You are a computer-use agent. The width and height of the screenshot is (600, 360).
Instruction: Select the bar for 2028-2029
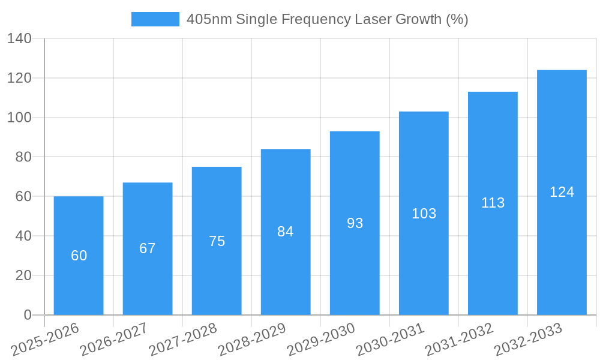tap(286, 270)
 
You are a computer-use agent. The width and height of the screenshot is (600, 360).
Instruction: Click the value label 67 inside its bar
tap(148, 248)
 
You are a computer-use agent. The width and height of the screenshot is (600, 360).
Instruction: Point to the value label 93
tap(355, 223)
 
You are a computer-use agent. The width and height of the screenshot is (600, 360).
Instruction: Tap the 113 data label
tap(493, 203)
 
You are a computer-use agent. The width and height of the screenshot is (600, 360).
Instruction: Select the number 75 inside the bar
tap(217, 241)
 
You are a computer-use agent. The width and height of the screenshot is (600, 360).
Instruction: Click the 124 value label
tap(562, 192)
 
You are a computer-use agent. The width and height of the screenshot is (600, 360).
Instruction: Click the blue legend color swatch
tap(155, 19)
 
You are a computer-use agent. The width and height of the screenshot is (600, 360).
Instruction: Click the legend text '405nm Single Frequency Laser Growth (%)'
tap(327, 19)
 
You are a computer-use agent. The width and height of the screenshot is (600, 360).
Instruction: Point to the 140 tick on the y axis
tap(19, 39)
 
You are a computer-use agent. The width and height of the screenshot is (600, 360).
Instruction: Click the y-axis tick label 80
tap(23, 157)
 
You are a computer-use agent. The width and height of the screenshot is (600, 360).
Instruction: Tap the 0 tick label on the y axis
tap(28, 315)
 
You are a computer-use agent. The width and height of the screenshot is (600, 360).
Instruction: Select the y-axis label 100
tap(19, 118)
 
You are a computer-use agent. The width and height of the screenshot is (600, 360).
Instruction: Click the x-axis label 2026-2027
tap(114, 340)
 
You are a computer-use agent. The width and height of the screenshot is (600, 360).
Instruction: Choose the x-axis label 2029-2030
tap(321, 340)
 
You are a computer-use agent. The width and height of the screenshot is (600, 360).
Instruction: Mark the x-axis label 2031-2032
tap(459, 340)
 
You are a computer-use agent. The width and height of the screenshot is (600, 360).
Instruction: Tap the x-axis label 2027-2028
tap(183, 340)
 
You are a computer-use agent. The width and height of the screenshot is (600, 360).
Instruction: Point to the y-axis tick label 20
tap(23, 275)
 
